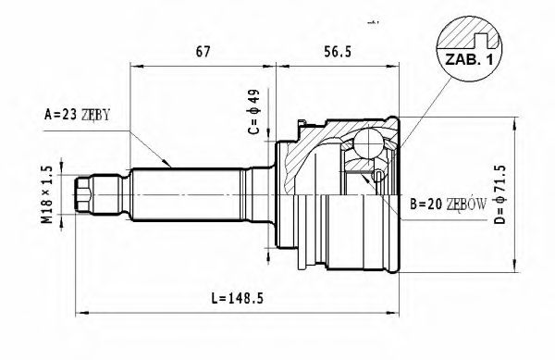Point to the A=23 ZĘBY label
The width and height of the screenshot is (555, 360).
point(78,115)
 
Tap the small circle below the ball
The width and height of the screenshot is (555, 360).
point(378,175)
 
